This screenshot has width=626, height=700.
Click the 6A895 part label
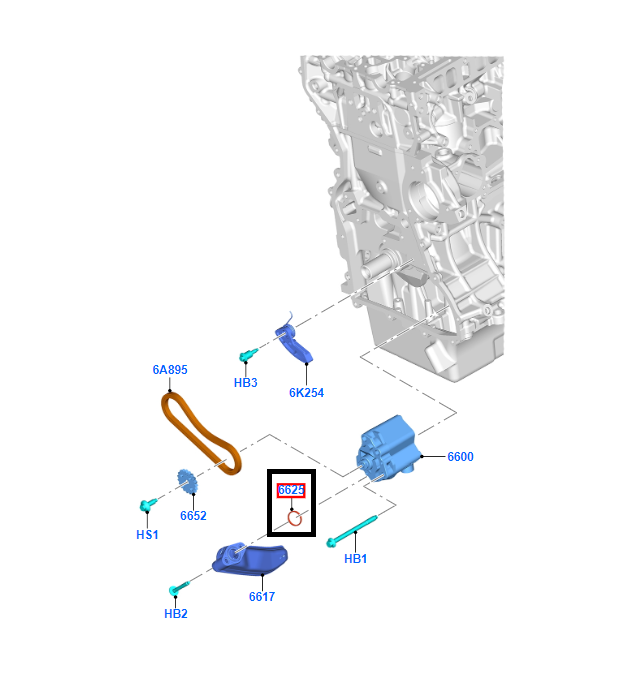[170, 370]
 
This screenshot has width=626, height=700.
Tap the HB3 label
[246, 383]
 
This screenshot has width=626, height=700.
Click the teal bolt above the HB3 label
[248, 355]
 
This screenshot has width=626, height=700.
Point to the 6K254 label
[306, 393]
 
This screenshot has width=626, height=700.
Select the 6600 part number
[460, 457]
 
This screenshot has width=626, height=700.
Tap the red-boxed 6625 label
[291, 490]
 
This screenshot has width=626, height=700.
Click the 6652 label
[193, 516]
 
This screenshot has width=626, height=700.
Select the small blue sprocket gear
[187, 482]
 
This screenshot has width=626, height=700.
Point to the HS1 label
[147, 534]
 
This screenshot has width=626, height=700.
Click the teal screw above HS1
[148, 504]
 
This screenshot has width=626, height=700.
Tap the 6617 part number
[262, 596]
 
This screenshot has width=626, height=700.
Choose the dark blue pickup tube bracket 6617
[250, 559]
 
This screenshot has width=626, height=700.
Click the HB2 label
[176, 614]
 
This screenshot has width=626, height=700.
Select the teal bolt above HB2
[179, 588]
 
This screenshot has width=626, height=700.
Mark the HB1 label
[355, 558]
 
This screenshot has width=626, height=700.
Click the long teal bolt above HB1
[352, 531]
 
